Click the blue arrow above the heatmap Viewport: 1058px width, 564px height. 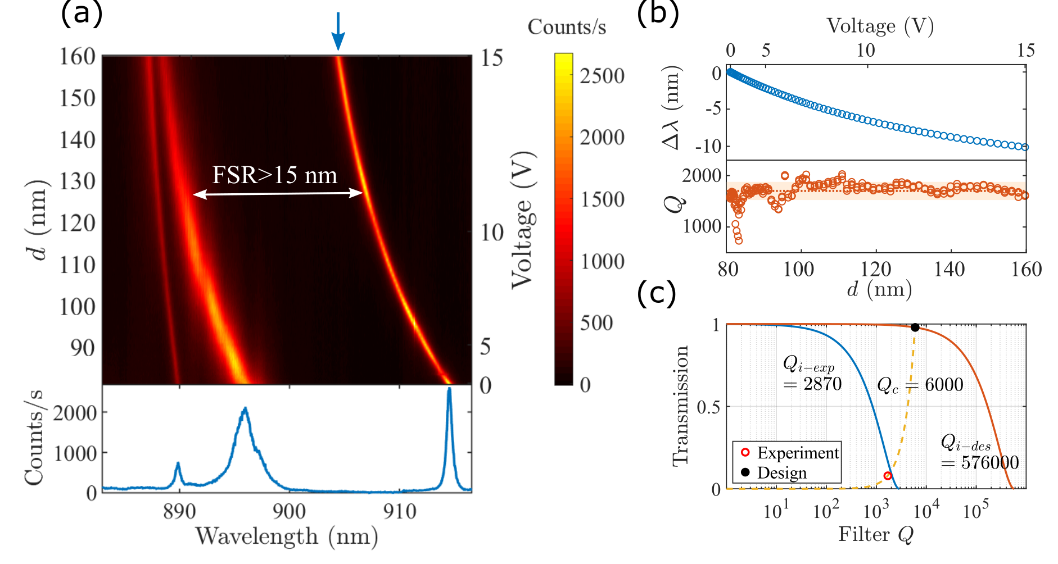(338, 31)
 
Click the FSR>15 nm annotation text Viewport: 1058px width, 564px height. (274, 175)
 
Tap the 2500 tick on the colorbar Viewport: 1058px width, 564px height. (602, 76)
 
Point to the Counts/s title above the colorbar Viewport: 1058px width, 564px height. (566, 27)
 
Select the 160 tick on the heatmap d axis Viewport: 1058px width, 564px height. (78, 56)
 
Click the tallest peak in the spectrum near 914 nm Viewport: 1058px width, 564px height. (449, 390)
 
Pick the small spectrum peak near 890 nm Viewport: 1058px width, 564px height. (178, 465)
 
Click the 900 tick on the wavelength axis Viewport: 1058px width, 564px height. (289, 511)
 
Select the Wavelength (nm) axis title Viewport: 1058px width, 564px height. (286, 536)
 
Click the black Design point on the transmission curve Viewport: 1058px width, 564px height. (915, 328)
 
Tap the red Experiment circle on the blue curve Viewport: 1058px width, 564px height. (888, 476)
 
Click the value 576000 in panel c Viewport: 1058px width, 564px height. (989, 462)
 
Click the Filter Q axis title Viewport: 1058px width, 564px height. (875, 534)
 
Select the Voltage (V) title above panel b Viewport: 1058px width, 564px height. (880, 26)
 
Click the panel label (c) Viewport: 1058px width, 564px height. (656, 293)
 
